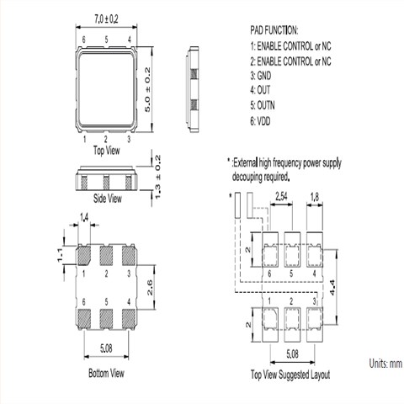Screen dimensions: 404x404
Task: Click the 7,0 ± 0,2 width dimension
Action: click(x=106, y=19)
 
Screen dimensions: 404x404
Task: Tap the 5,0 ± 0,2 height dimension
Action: click(x=147, y=89)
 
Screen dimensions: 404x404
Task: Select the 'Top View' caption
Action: click(x=106, y=151)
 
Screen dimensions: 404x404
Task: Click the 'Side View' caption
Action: click(x=108, y=199)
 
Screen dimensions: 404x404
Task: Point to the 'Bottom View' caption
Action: click(x=106, y=374)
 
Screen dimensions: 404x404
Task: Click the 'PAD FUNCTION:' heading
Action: click(x=274, y=30)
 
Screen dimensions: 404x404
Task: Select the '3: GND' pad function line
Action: click(x=261, y=76)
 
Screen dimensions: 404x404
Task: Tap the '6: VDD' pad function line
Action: click(x=260, y=121)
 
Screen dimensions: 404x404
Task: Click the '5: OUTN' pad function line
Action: click(x=263, y=106)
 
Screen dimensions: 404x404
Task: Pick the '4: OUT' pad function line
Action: click(x=260, y=90)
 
